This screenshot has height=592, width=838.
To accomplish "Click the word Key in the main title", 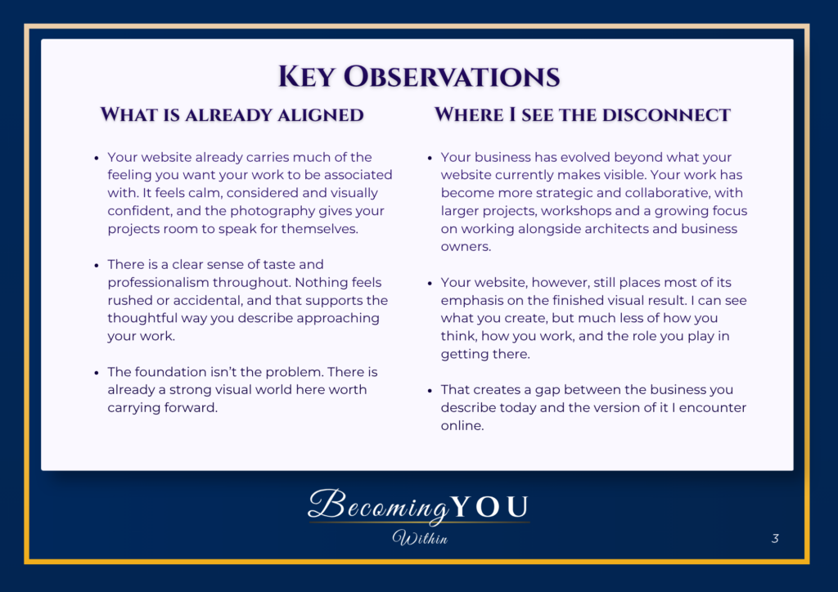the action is (x=306, y=76).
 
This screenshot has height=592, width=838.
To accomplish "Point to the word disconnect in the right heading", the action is (x=666, y=114).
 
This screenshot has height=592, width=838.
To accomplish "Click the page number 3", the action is (x=775, y=538).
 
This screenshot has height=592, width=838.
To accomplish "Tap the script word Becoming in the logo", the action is (x=378, y=505).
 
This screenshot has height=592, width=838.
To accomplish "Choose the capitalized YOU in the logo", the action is (x=489, y=507).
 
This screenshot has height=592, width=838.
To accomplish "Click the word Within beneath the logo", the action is (x=420, y=537).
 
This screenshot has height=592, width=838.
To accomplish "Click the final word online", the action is (x=462, y=425).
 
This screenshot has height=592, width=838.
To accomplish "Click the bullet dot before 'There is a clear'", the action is (x=97, y=265).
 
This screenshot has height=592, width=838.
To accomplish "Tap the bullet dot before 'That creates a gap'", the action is (x=430, y=391).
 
